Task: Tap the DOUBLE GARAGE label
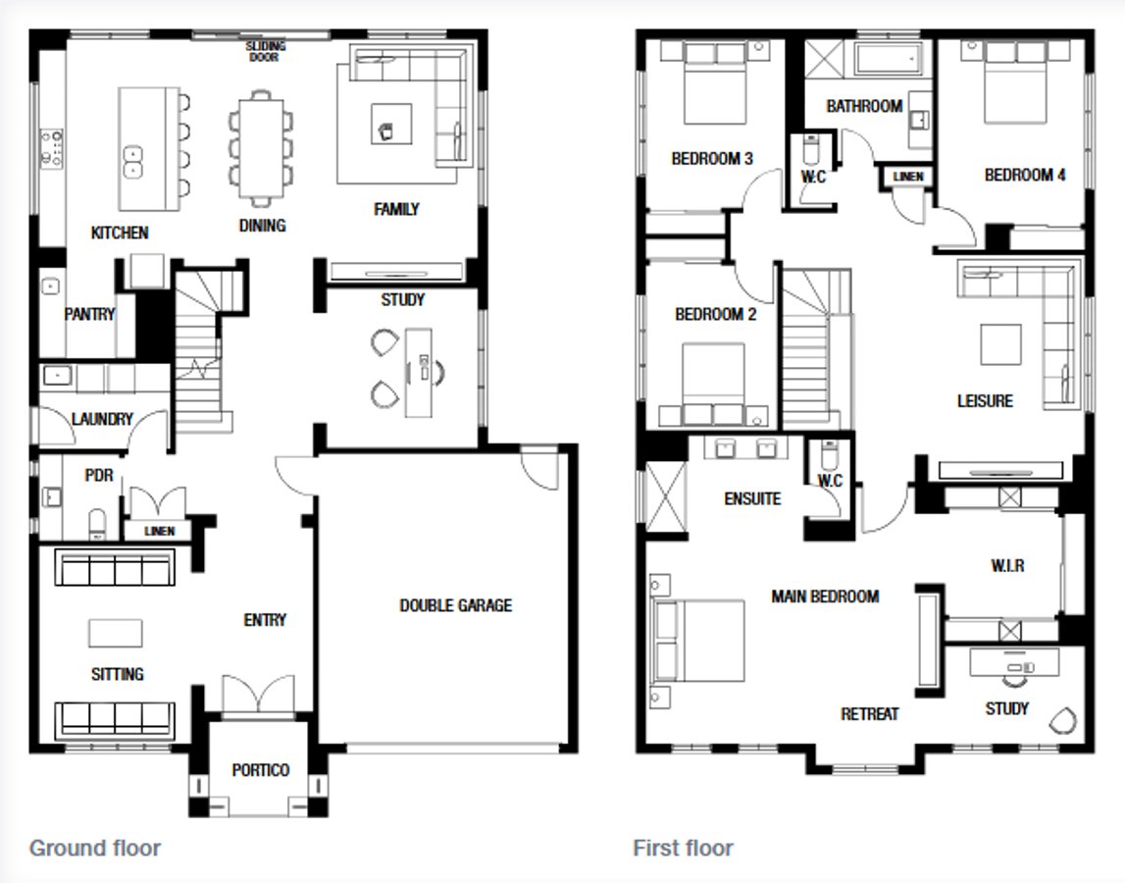tap(455, 605)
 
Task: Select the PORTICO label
tap(261, 770)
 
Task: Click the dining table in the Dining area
tap(261, 147)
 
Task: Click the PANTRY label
tap(89, 314)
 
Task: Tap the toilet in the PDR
tap(97, 523)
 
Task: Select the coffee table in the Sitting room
tap(115, 633)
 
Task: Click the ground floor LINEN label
tap(159, 531)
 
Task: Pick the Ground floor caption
tap(94, 848)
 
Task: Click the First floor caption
tap(683, 848)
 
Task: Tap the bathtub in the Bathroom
tap(889, 59)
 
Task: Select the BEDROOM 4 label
tap(1025, 176)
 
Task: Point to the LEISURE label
tap(985, 400)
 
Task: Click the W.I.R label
tap(1007, 566)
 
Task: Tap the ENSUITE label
tap(752, 498)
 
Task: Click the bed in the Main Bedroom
tap(698, 641)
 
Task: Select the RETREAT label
tap(869, 714)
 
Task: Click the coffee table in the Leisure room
tap(1000, 343)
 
